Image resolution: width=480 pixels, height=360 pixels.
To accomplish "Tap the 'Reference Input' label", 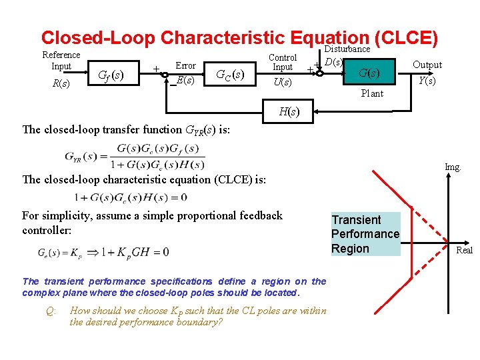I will tap(61, 61).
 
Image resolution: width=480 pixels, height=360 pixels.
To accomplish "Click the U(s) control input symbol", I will tap(283, 82).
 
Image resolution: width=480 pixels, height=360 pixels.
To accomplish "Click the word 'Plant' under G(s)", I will tap(372, 93).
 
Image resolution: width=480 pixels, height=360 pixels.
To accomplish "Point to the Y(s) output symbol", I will tap(427, 81).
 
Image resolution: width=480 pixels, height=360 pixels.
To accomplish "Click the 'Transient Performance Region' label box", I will tap(365, 234).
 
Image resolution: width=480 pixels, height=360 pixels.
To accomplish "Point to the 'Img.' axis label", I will tap(453, 167).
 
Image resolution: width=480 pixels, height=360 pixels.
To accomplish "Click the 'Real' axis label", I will tap(464, 250).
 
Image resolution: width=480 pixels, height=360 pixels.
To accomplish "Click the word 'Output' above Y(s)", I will tap(427, 65).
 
